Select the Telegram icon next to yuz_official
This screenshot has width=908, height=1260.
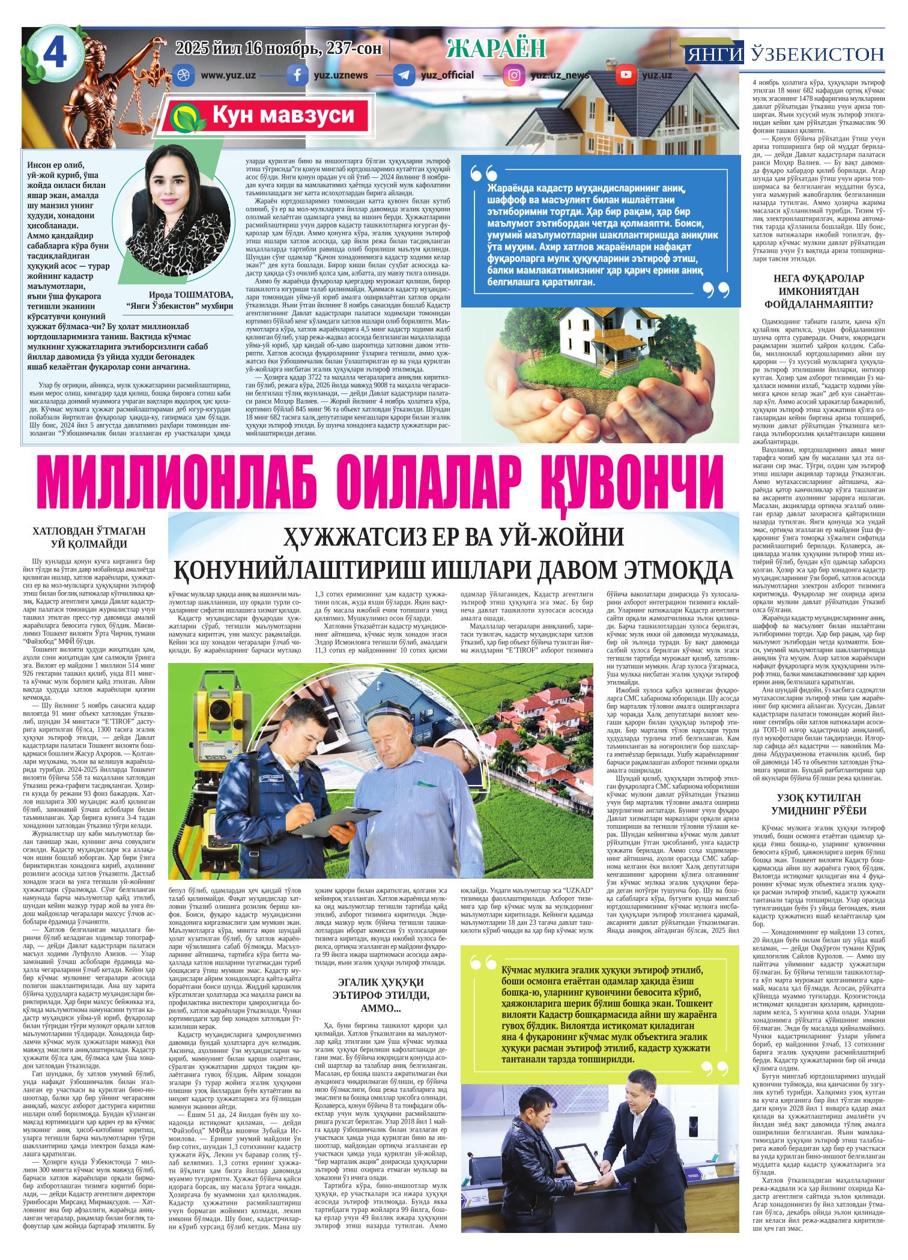[x=402, y=75]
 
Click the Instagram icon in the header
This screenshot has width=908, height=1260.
[x=515, y=75]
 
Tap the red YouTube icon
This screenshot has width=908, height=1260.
[x=626, y=75]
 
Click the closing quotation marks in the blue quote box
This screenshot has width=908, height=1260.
[x=715, y=289]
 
